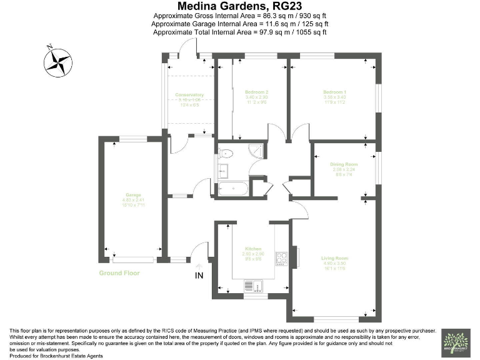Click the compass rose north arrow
point(57,61)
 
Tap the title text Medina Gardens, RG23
point(240,7)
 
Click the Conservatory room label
point(189,95)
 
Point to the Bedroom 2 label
point(256,92)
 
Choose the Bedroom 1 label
point(335,92)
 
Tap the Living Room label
point(335,258)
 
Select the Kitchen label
point(253,248)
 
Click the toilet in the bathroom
point(226,152)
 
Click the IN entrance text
point(200,275)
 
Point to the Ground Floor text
point(119,273)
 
